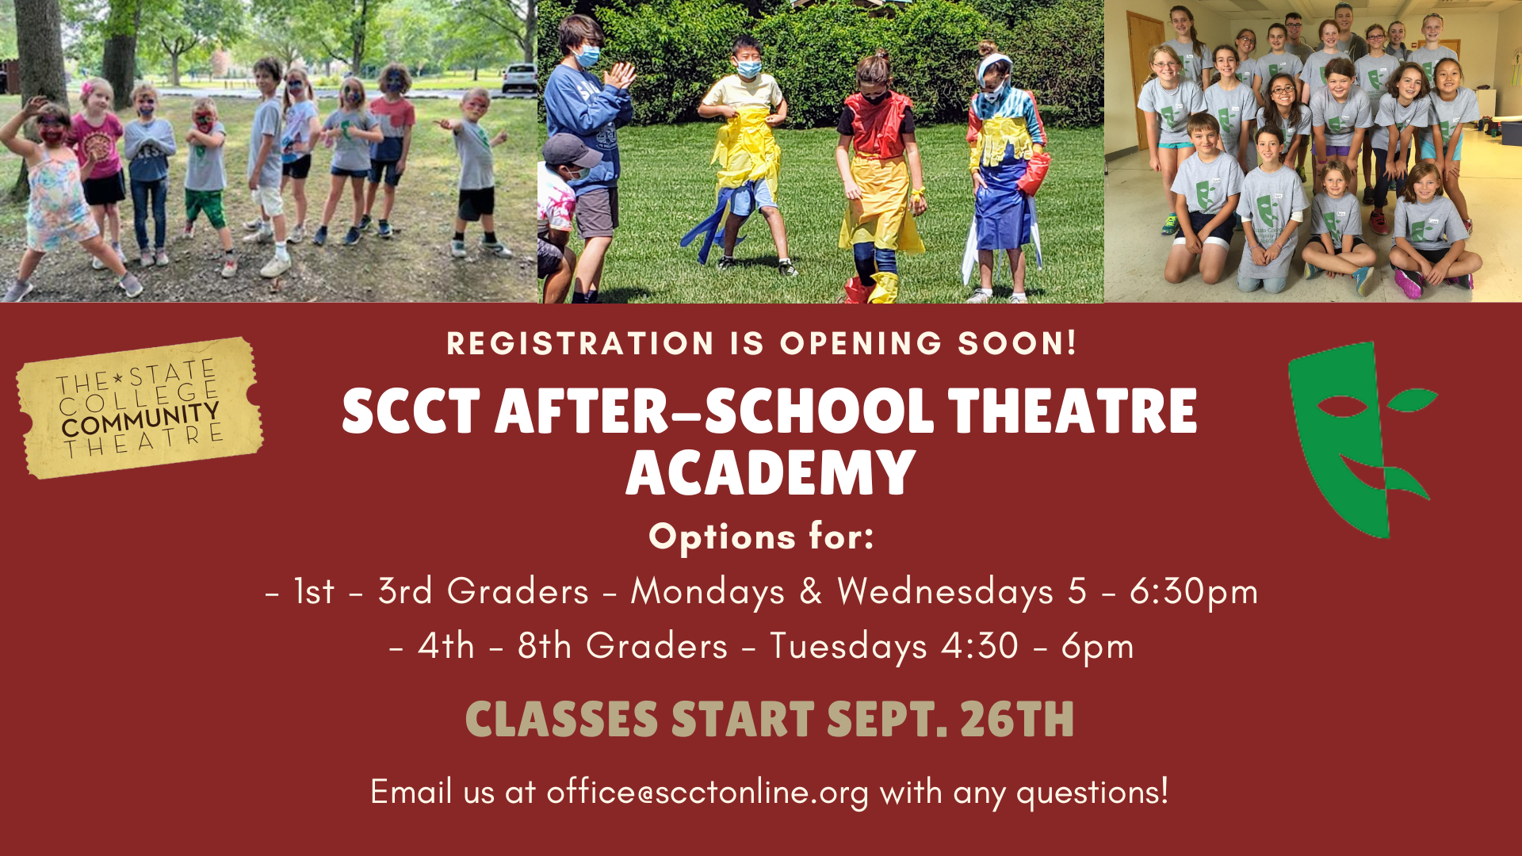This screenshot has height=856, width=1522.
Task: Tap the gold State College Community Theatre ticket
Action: pos(140,408)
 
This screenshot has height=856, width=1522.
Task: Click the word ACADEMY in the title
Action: pos(771,473)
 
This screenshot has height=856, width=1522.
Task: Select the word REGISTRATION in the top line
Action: pos(580,344)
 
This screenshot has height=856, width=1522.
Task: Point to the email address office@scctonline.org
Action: pos(707,792)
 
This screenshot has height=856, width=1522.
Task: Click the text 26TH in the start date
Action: pos(1017,720)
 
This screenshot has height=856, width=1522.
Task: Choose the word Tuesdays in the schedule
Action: pos(848,647)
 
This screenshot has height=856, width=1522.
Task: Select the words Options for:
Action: pos(762,537)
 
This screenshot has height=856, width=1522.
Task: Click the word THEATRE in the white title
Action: pos(1073,411)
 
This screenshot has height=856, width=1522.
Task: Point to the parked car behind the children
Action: pos(518,78)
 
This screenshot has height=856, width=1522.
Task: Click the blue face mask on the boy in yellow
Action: pos(748,68)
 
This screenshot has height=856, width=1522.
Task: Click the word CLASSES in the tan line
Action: pos(561,720)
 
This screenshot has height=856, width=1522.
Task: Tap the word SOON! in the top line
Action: pos(1018,344)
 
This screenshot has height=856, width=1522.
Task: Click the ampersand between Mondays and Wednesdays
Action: pos(810,591)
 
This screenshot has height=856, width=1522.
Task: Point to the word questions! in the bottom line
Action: pos(1092,792)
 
